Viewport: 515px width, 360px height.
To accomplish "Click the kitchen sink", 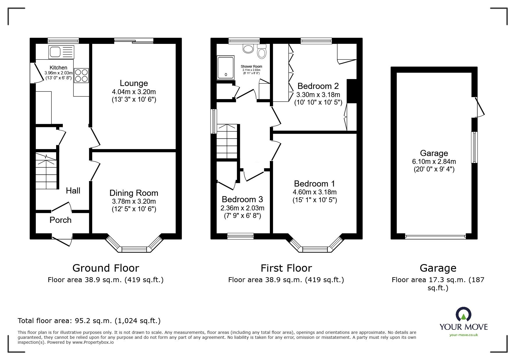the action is (x=62, y=52).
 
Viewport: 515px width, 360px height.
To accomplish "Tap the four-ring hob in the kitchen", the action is (x=81, y=75).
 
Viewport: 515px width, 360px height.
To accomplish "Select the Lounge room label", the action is (x=134, y=83).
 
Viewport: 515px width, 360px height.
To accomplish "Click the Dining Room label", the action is (x=134, y=193).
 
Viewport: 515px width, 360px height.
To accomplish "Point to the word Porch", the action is (x=60, y=220).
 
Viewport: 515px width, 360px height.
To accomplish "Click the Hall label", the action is (x=73, y=191).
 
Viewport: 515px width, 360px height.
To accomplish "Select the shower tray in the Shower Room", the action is (x=225, y=67).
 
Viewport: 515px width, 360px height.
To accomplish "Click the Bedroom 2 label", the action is (x=318, y=86).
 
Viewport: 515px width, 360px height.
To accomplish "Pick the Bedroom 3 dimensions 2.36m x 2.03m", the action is (x=243, y=208).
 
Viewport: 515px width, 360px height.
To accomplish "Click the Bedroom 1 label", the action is (x=314, y=184).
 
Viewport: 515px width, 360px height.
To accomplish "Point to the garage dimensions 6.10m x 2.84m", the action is (x=434, y=162).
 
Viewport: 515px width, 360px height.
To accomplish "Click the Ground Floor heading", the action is (x=106, y=268).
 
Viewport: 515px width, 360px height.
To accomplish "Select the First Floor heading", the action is (x=286, y=268).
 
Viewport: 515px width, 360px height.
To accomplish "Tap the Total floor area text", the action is (x=89, y=321).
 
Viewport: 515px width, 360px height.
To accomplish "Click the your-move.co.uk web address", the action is (x=464, y=335).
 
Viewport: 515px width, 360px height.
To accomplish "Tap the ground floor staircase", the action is (x=46, y=171).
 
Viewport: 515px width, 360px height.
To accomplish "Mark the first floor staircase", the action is (x=228, y=142).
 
